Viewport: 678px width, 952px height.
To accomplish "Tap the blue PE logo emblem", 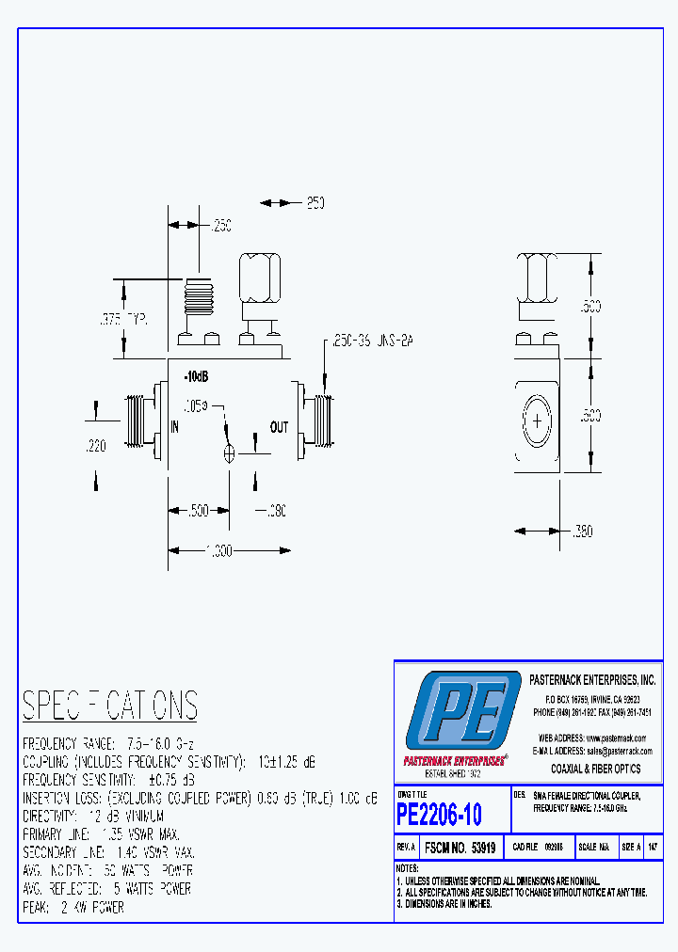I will click(x=462, y=711).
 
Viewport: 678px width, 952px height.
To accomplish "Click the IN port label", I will click(x=175, y=426).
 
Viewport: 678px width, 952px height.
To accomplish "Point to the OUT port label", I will click(x=279, y=427).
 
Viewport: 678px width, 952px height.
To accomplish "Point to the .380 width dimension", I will click(x=582, y=532).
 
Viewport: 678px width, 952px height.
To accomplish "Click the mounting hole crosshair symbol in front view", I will click(x=229, y=453).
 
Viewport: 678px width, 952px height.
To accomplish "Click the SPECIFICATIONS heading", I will click(x=110, y=705).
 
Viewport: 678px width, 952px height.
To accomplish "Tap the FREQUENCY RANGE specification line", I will click(x=108, y=742).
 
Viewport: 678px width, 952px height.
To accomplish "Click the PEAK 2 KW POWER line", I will click(x=73, y=907).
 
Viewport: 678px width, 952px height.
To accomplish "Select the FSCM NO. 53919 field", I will click(x=460, y=847).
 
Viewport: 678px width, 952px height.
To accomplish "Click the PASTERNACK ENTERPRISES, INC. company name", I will click(x=591, y=679).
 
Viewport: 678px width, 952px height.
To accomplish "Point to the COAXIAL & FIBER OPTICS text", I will click(x=595, y=769).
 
